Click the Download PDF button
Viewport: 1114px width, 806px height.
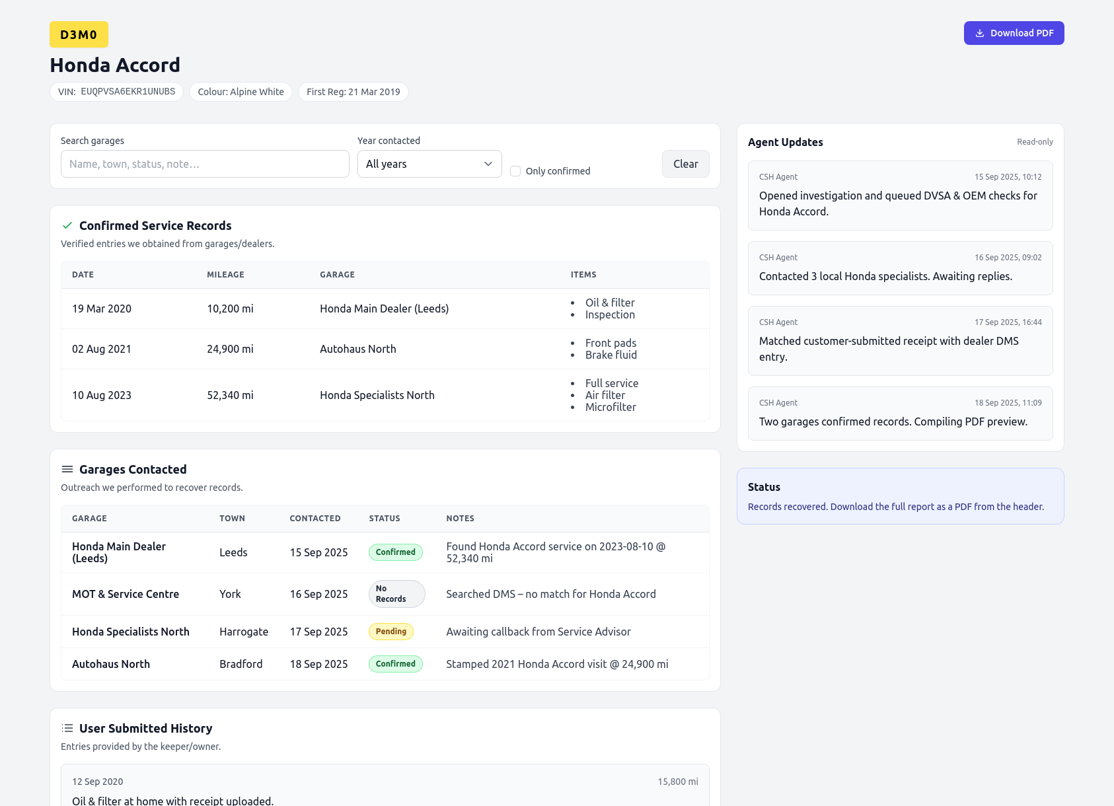pos(1014,33)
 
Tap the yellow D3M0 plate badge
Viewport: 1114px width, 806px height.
pos(79,34)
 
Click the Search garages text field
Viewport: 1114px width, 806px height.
pos(205,164)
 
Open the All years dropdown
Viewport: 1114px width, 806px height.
pos(429,164)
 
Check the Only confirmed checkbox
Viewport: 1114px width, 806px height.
pos(515,171)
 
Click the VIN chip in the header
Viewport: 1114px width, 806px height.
pos(116,92)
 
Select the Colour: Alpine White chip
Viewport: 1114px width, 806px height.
pos(241,92)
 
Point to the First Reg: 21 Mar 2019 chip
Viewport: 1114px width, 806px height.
pos(353,92)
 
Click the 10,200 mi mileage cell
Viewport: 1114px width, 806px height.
pos(230,309)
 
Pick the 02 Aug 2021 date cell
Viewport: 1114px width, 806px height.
pos(102,349)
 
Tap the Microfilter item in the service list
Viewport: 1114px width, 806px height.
pos(611,407)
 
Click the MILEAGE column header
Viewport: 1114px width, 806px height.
pos(225,275)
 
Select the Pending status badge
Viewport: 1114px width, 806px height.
pos(391,632)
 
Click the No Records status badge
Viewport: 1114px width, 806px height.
pos(396,594)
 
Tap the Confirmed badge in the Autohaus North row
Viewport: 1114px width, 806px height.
pos(396,664)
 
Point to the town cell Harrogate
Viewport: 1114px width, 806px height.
pos(244,632)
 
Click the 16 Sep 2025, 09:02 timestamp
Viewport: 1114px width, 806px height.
pos(1008,258)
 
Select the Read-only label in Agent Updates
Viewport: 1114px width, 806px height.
pos(1035,142)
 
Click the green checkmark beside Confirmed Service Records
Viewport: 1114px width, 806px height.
pos(67,226)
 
